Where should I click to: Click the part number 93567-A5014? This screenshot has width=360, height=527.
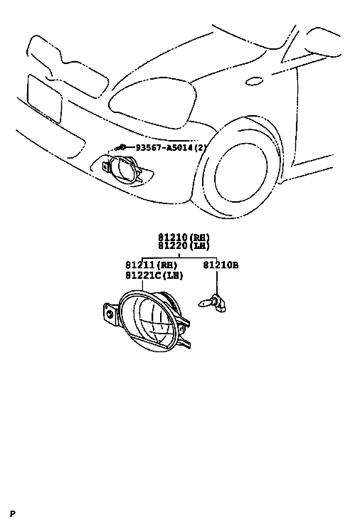tap(164, 147)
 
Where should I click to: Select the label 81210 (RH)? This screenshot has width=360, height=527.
tap(184, 238)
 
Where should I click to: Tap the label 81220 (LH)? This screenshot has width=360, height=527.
tap(184, 246)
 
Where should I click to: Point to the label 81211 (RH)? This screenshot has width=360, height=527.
tap(152, 265)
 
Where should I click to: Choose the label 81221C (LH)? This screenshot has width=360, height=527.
tap(154, 275)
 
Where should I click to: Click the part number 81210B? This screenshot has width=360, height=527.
tap(221, 265)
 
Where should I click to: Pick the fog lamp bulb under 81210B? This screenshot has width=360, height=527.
tap(213, 302)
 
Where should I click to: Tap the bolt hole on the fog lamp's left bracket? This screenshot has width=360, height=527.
tap(110, 314)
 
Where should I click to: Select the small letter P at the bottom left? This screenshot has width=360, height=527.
tap(13, 513)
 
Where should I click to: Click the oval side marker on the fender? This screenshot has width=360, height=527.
tap(254, 81)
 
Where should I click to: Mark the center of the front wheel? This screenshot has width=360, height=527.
tap(241, 174)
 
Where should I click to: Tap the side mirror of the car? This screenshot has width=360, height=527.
tap(324, 41)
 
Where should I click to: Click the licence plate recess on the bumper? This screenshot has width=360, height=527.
tap(45, 98)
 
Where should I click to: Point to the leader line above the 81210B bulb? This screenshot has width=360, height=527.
tap(217, 282)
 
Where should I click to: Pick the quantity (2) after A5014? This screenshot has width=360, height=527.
tap(198, 147)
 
